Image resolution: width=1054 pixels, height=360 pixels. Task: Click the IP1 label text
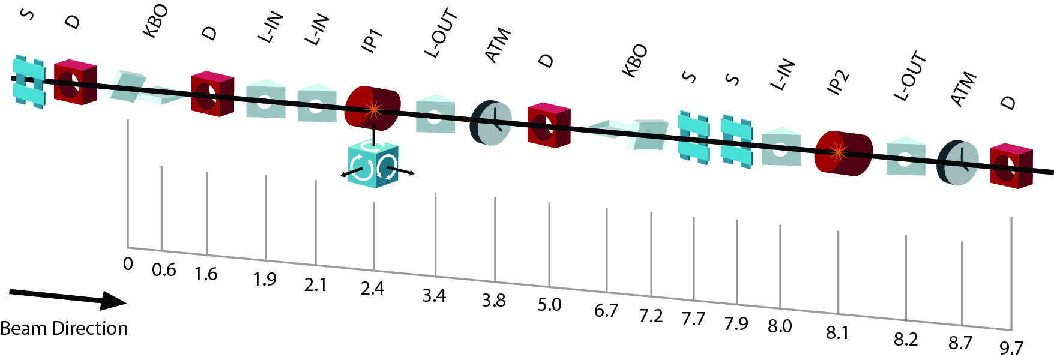pos(372,41)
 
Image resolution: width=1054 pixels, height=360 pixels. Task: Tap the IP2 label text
pos(838,82)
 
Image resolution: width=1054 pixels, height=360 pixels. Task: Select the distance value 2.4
pos(372,289)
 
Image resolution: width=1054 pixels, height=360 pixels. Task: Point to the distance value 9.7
pos(1011,347)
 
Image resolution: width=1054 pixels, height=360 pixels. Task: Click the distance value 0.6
pos(164,270)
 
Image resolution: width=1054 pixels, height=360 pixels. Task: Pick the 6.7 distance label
pos(606,311)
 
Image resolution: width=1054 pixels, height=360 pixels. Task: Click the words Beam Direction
pos(64,328)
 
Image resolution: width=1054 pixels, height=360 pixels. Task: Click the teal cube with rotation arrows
pos(373,164)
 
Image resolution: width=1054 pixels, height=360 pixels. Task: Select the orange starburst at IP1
pos(373,110)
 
